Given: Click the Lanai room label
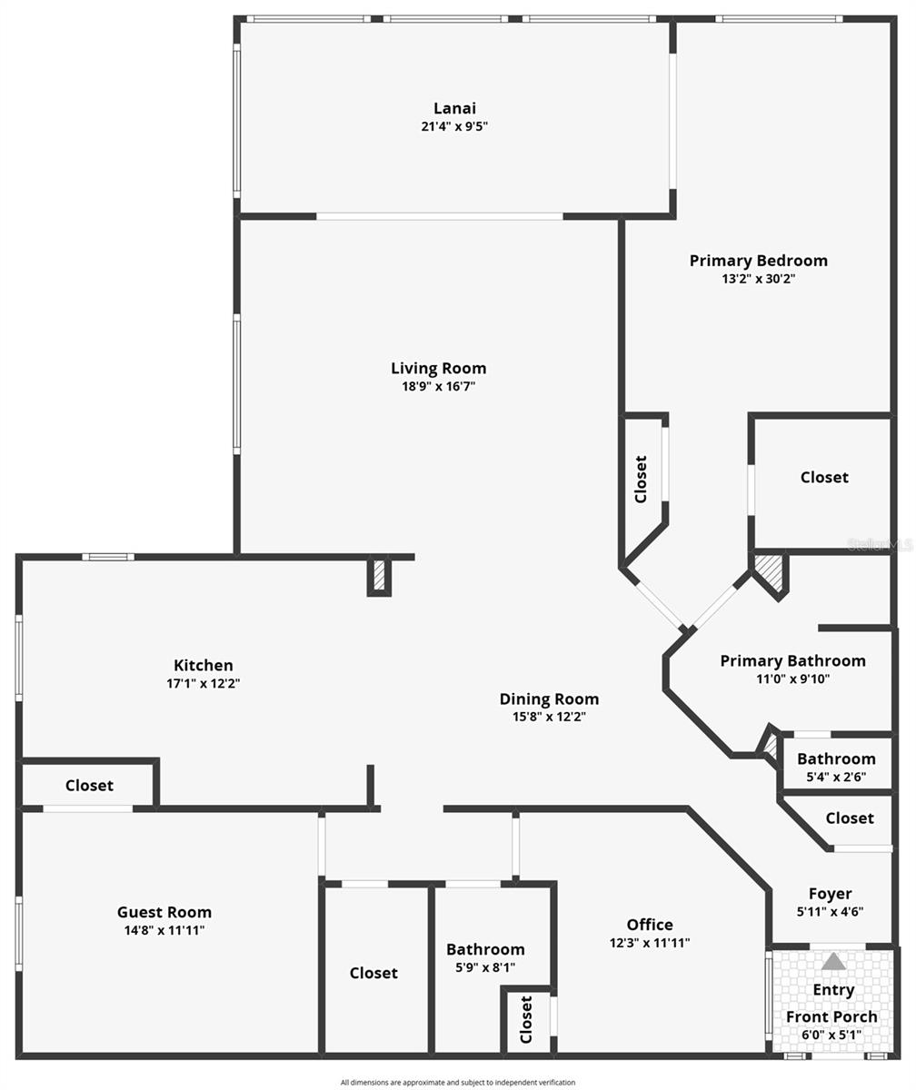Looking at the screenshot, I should pos(454,109).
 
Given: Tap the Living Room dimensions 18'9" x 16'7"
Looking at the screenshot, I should pos(439,386).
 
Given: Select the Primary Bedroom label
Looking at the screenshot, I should pos(758,261).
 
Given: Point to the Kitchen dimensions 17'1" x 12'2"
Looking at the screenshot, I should pos(203,683).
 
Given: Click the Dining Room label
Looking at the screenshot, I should pos(549,699).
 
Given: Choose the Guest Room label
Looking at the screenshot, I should pos(164,912).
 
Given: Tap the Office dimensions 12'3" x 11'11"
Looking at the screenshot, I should pos(650,943).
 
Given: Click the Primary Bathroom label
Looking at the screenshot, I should pos(792,660).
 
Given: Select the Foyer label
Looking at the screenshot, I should pos(831,894).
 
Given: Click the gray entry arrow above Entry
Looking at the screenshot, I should pos(833,961).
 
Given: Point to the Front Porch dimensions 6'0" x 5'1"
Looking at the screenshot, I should pos(831,1035).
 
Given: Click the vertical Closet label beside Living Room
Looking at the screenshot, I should pos(641,479).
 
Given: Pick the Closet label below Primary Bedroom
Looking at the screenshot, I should pos(824,477).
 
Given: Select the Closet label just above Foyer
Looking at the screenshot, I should pos(850,818).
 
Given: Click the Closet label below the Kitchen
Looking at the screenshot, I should pos(89,786).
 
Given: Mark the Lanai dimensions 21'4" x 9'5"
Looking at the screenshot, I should pos(454,127).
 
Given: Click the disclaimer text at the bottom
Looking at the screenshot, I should pos(458,1083).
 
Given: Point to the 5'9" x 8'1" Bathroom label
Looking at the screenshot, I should pos(485,949).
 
